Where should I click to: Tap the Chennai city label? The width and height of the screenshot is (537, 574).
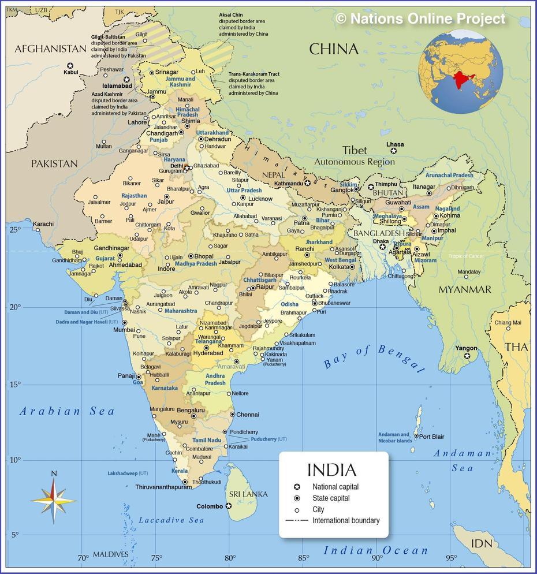[x=248, y=415]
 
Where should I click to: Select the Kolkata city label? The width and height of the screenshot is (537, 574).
[x=339, y=267]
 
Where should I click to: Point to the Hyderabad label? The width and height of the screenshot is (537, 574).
[x=208, y=353]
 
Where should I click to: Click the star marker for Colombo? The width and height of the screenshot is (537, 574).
[x=229, y=506]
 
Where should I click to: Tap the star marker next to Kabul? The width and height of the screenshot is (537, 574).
[x=70, y=65]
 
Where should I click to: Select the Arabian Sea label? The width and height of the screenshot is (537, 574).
[x=67, y=411]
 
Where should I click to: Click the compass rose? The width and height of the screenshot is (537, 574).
[x=54, y=500]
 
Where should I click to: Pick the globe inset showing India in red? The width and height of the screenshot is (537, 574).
[x=460, y=72]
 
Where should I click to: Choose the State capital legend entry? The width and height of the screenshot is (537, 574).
[x=331, y=498]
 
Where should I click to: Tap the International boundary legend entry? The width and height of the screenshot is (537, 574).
[x=346, y=520]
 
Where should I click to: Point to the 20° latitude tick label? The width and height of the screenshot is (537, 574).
[x=14, y=307]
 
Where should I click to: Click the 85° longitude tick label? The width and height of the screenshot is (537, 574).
[x=303, y=558]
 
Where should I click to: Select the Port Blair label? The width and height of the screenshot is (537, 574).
[x=431, y=437]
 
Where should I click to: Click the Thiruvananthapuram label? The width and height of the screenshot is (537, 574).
[x=163, y=487]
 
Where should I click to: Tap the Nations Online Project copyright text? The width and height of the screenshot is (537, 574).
[x=420, y=18]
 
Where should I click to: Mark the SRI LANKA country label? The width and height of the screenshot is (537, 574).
[x=248, y=494]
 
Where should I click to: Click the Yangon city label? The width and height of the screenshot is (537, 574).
[x=466, y=348]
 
